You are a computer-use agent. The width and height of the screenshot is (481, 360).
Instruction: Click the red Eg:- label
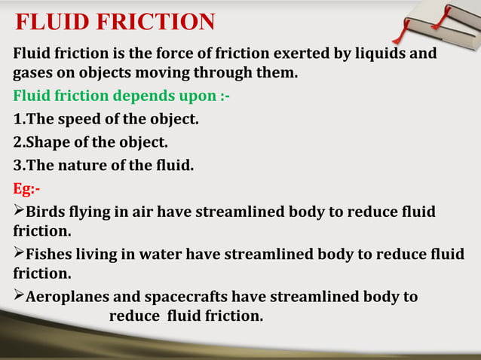click(27, 187)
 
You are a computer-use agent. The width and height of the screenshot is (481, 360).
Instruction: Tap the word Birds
click(50, 212)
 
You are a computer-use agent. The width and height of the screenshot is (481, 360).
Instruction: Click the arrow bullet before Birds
click(20, 210)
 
